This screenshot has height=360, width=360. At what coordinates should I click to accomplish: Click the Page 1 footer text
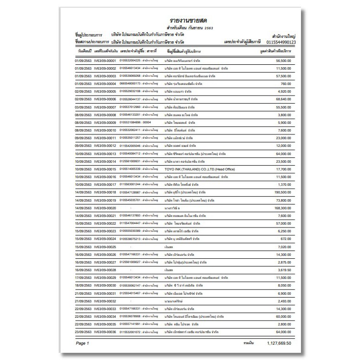coord(83,344)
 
